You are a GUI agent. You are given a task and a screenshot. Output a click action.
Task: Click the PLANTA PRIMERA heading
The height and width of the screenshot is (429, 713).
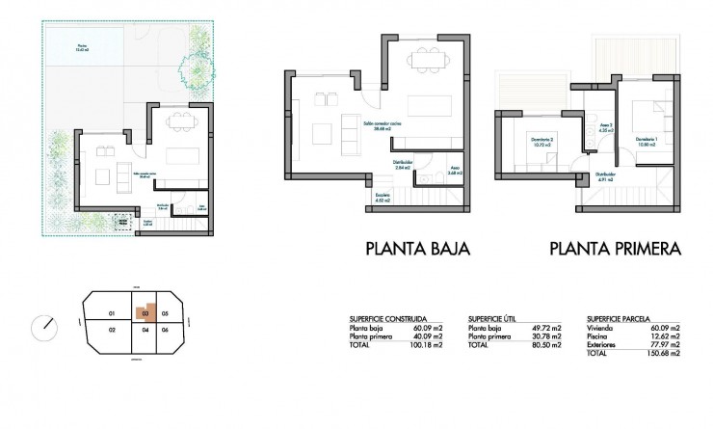pos(616,249)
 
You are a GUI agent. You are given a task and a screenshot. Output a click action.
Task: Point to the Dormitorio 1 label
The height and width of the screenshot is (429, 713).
pos(647,140)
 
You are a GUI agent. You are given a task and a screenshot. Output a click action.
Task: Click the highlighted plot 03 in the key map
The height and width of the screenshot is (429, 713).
pos(144,312)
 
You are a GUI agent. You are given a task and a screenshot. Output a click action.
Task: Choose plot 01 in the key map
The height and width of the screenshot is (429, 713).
pos(112,313)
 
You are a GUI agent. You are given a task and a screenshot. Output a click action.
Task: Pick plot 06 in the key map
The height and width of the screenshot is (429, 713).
pos(166,331)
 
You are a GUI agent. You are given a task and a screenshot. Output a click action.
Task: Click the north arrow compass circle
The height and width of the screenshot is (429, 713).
pos(43,327)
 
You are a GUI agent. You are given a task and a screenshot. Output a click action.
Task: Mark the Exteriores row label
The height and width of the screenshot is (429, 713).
pos(603,344)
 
